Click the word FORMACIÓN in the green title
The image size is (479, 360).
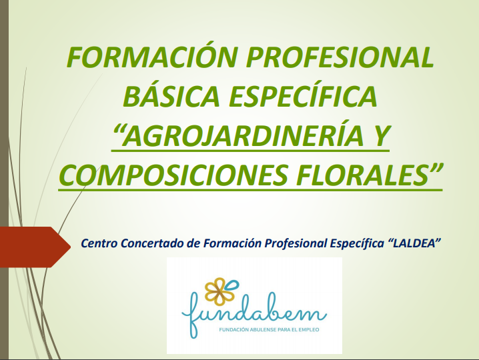[x=152, y=57]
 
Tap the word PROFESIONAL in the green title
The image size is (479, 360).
[x=340, y=57]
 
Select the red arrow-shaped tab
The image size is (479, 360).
[x=35, y=247]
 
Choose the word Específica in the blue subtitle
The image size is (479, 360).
[x=357, y=243]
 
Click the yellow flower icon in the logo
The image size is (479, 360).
[x=219, y=291]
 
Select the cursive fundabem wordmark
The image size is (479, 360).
[x=254, y=315]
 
